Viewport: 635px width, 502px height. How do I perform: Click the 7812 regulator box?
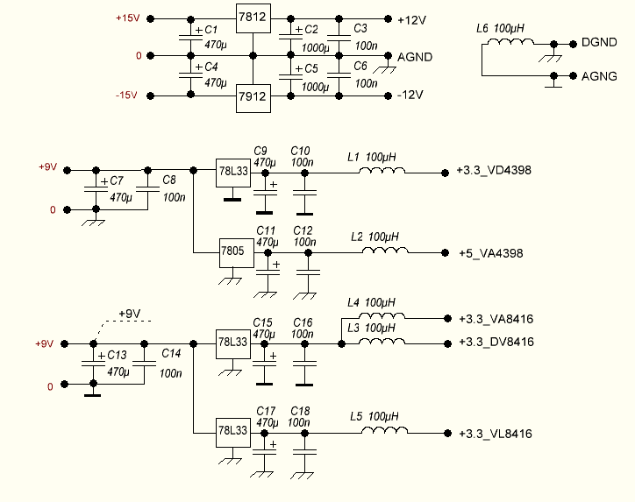point(253,16)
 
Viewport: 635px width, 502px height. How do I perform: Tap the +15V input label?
point(126,18)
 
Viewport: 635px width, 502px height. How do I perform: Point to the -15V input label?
point(126,95)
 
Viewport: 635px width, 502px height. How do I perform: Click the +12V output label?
point(411,18)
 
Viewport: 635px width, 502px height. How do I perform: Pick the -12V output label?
point(410,95)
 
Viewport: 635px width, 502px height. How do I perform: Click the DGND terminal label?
point(599,42)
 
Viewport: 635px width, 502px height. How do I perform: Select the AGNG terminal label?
point(599,76)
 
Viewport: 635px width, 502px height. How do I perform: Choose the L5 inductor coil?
point(384,432)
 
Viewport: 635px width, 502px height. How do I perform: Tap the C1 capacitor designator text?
point(210,30)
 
